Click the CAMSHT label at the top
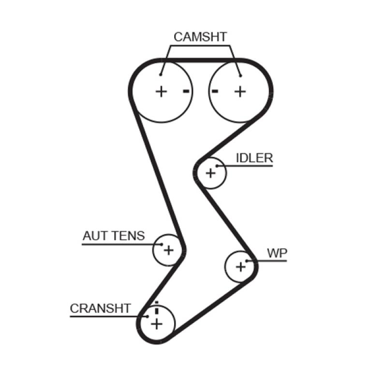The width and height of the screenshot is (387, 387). pyautogui.click(x=200, y=37)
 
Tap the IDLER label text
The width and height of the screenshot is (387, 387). pyautogui.click(x=254, y=158)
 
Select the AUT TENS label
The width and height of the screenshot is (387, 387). pyautogui.click(x=113, y=236)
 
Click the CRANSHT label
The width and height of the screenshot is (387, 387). pyautogui.click(x=100, y=309)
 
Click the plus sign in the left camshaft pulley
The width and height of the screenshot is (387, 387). pyautogui.click(x=161, y=91)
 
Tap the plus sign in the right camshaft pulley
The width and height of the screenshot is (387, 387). pyautogui.click(x=240, y=91)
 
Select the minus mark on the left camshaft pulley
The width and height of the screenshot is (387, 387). pyautogui.click(x=186, y=91)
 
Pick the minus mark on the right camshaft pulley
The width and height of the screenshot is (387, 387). pyautogui.click(x=215, y=91)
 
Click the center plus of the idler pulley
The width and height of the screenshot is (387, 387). pyautogui.click(x=210, y=173)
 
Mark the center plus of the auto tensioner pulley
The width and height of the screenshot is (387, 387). pyautogui.click(x=168, y=250)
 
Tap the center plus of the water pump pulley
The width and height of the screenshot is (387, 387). pyautogui.click(x=240, y=266)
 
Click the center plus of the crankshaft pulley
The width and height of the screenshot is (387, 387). pyautogui.click(x=156, y=323)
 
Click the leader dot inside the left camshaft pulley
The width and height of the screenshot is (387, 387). pyautogui.click(x=161, y=74)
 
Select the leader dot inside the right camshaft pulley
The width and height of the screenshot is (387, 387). pyautogui.click(x=240, y=74)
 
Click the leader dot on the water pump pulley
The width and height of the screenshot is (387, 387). pyautogui.click(x=247, y=261)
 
